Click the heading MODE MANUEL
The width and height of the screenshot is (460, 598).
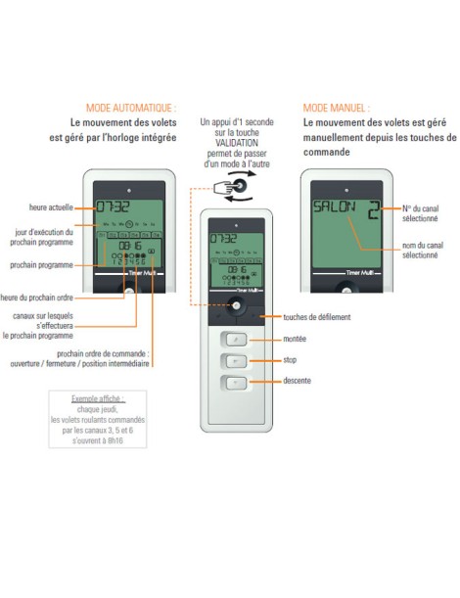[x=336, y=107]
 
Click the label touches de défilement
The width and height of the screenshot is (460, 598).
[x=316, y=316]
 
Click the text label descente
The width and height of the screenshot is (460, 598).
[x=299, y=383]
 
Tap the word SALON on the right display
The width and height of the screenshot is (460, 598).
[x=335, y=208]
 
